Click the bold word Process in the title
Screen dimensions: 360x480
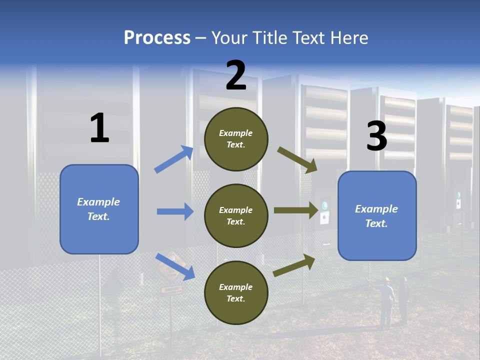[x=157, y=38]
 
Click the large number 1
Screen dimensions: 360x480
[x=99, y=128]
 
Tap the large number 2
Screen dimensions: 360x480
[x=236, y=75]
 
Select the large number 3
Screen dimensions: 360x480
[x=376, y=136]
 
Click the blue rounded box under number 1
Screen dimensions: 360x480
[x=99, y=209]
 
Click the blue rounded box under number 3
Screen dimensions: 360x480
[x=377, y=215]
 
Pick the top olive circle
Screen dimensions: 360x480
[x=236, y=138]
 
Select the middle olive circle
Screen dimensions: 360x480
[x=236, y=215]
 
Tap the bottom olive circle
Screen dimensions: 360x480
[x=236, y=292]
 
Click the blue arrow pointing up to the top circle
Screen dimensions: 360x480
[x=174, y=159]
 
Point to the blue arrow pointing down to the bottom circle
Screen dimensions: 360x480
[x=175, y=266]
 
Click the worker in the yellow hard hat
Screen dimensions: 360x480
[x=386, y=300]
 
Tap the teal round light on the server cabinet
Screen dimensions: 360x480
[x=325, y=205]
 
